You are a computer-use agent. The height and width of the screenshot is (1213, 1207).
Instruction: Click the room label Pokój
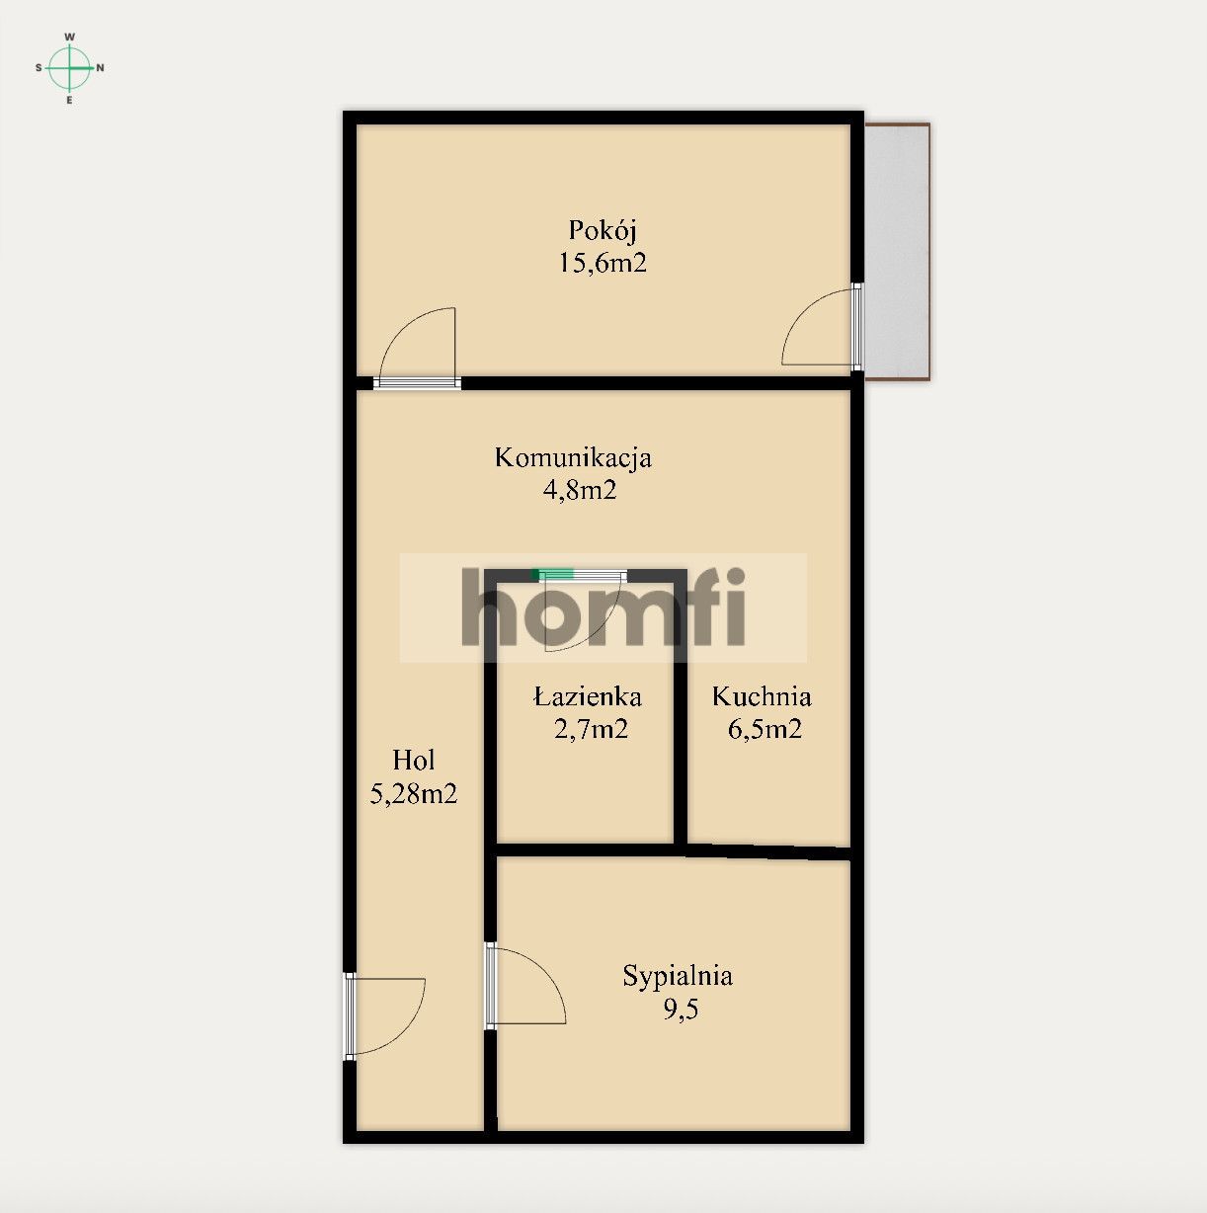602,231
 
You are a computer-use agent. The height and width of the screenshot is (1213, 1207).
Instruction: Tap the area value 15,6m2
602,263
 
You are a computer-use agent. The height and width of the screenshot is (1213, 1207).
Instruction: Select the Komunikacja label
573,458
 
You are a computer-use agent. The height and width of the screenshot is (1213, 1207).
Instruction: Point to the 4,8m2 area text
580,490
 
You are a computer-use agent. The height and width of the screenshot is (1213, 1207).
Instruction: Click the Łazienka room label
588,697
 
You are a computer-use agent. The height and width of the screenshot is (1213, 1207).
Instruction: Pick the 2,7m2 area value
591,730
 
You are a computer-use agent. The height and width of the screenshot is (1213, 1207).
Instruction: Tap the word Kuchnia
762,697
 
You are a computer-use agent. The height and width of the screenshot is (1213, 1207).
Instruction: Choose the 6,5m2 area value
764,730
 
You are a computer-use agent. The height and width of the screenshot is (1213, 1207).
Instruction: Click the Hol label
413,761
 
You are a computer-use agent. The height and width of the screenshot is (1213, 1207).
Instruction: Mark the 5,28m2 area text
413,793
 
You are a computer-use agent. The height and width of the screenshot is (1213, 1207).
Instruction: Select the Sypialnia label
678,977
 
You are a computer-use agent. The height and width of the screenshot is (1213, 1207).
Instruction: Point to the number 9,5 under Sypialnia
681,1010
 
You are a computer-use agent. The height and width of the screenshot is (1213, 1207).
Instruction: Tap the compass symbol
70,68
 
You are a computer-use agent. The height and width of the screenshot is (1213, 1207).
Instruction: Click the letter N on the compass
101,68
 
